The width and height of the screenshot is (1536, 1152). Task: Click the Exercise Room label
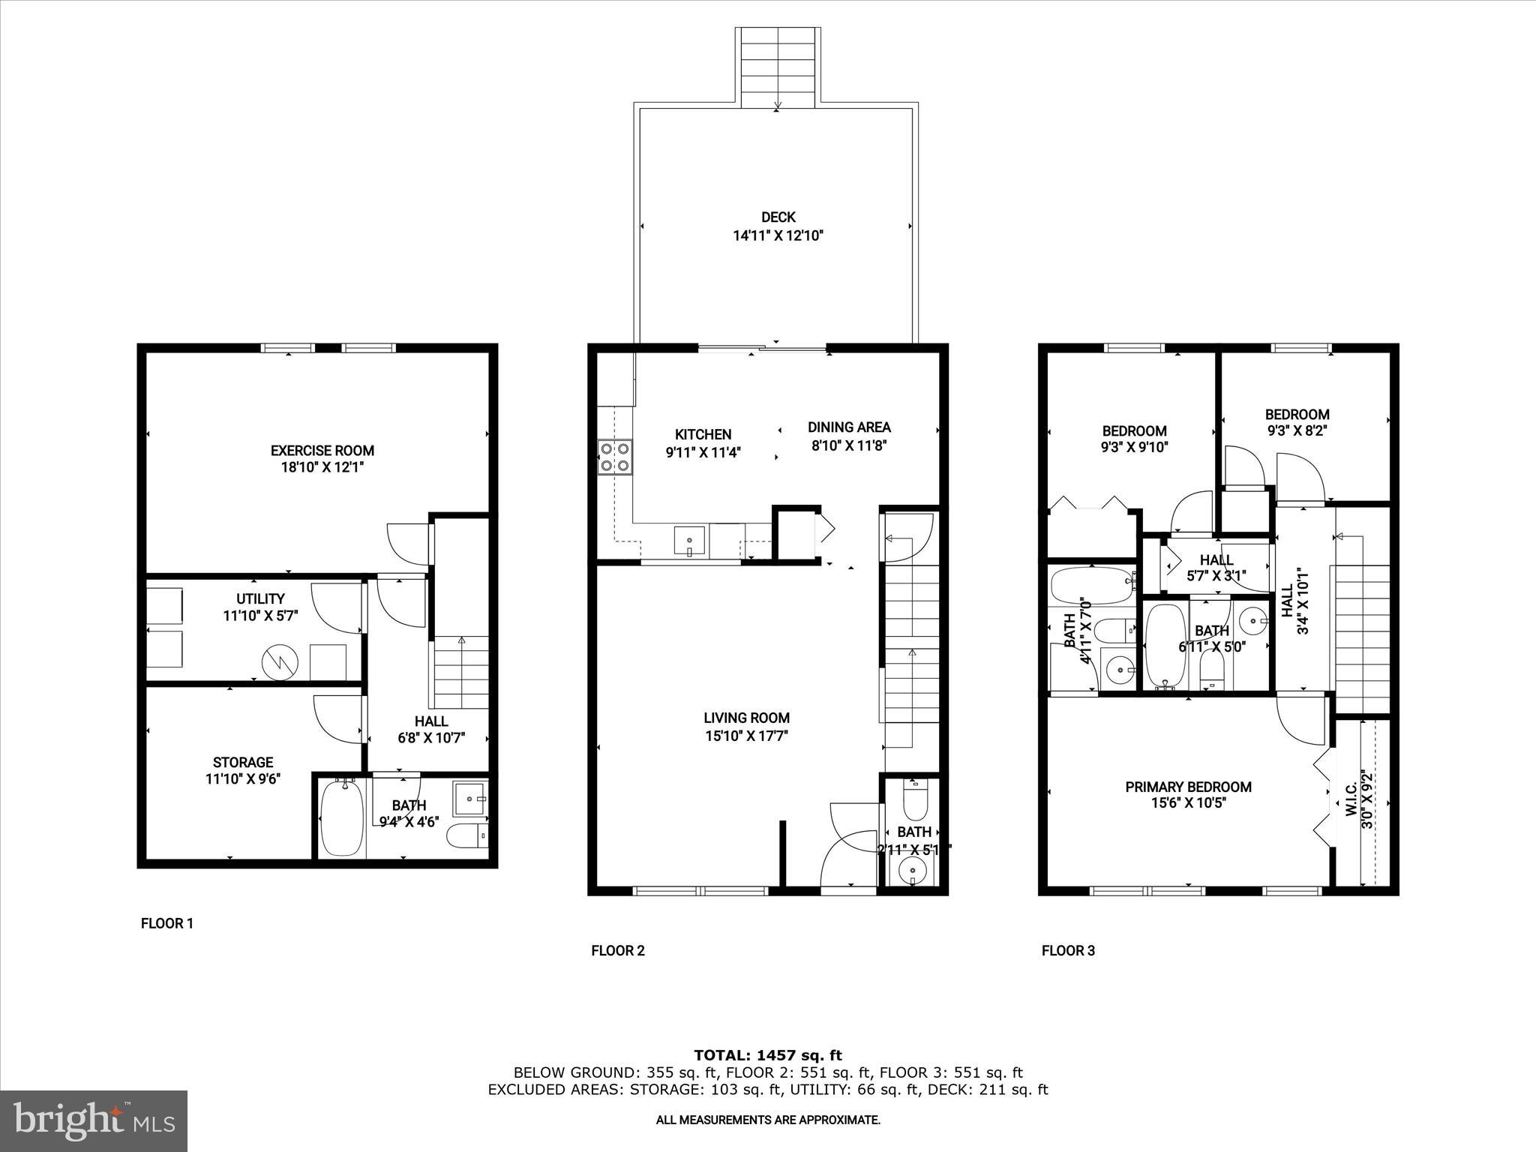coord(322,451)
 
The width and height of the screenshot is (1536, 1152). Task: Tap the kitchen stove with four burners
coord(614,457)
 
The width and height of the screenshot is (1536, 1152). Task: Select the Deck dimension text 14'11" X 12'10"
coord(778,235)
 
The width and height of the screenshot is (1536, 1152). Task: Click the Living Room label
coord(746,718)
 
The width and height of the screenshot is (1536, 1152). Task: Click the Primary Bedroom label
coord(1188,787)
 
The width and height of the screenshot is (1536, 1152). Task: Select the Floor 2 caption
coord(617,951)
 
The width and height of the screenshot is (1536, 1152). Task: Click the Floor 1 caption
coord(167,923)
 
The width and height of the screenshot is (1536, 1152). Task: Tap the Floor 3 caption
coord(1068,951)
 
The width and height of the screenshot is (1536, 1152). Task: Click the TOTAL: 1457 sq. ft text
coord(767,1055)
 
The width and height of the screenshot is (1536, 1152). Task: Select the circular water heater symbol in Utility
coord(280,661)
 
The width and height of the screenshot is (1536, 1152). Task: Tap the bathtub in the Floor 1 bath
coord(341,818)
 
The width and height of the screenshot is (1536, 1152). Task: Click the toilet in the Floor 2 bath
coord(914,802)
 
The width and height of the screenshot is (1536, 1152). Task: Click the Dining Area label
coord(849,427)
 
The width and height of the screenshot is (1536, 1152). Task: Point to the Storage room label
coord(242,762)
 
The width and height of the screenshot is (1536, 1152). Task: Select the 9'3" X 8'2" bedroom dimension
coord(1297,430)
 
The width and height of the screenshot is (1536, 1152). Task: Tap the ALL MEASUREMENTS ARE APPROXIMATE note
coord(768,1120)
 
